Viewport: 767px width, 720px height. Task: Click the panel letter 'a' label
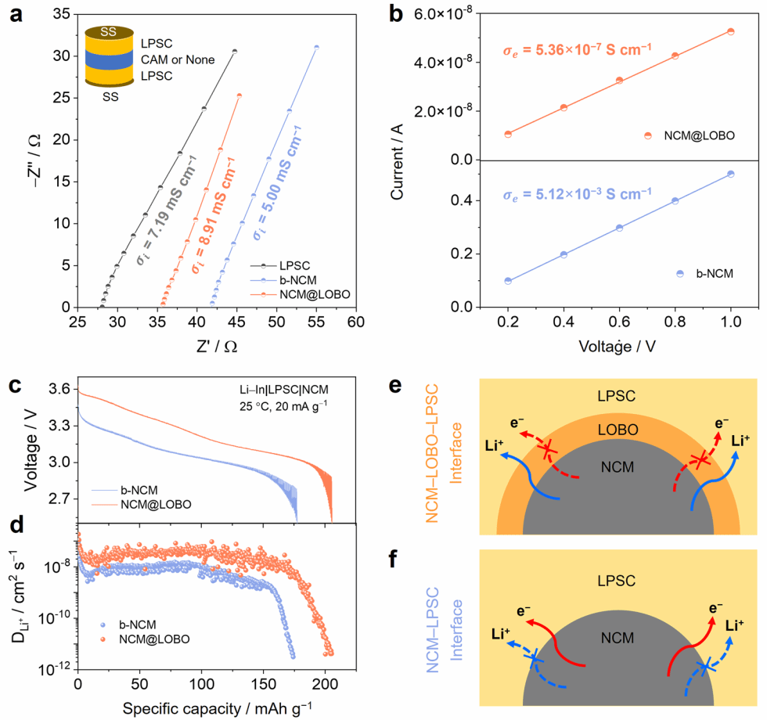click(x=15, y=15)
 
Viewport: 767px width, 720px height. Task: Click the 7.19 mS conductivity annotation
click(x=165, y=209)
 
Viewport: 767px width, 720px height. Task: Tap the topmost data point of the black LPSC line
click(x=234, y=51)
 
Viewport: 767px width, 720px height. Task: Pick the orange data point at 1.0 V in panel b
click(x=730, y=31)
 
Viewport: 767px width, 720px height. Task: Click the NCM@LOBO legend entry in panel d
click(x=156, y=639)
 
